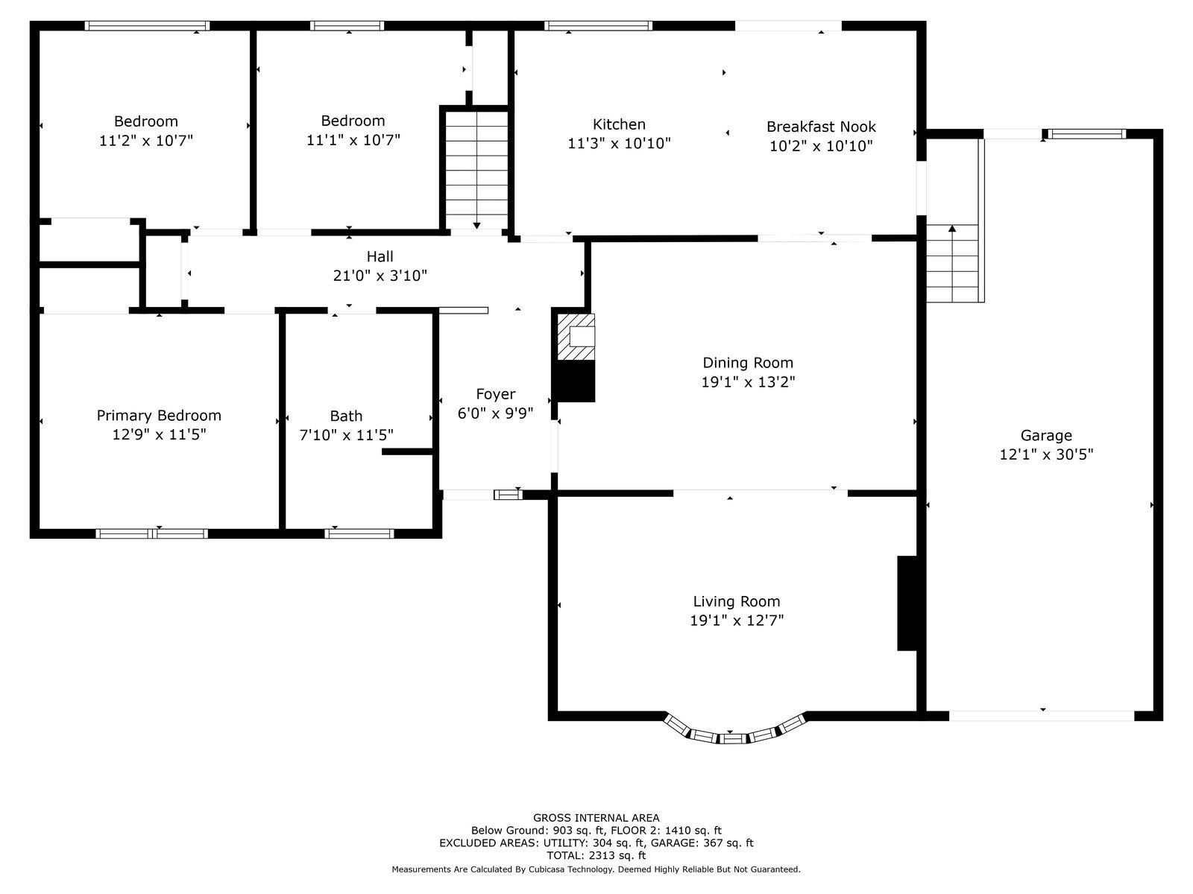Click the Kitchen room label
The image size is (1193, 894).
tap(619, 124)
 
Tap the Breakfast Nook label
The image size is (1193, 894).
tap(821, 127)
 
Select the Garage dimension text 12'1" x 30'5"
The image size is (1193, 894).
tap(1046, 454)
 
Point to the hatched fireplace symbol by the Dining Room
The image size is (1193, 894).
tap(576, 337)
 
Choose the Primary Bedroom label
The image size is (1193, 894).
tap(159, 416)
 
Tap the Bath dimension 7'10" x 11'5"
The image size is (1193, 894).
tap(346, 435)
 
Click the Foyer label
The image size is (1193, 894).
tap(495, 394)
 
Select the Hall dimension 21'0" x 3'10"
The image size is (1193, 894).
tap(380, 276)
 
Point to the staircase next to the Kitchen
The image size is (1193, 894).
tap(476, 171)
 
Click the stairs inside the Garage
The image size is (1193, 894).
tap(955, 263)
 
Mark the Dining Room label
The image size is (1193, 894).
tap(748, 363)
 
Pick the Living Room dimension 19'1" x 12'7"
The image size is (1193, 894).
tap(737, 620)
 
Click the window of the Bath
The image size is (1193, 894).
tap(359, 533)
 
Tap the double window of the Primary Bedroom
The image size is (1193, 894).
tap(151, 533)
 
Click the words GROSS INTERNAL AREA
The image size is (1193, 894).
tap(596, 817)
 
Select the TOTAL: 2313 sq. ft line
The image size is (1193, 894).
tap(596, 855)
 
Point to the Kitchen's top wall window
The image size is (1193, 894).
tap(598, 25)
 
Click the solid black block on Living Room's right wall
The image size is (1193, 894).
tap(907, 603)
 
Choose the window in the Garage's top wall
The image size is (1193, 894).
tap(1087, 134)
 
